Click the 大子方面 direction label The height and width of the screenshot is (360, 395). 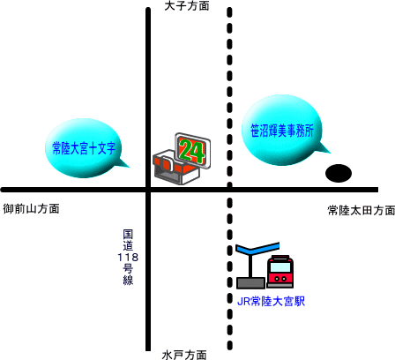click(187, 6)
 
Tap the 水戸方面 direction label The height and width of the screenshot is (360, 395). click(184, 355)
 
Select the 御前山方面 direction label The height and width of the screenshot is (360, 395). click(31, 209)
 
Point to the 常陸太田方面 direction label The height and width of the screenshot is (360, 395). click(361, 211)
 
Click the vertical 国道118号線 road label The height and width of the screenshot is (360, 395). click(128, 258)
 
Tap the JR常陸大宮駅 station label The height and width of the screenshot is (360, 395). click(271, 301)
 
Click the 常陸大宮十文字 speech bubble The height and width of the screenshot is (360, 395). click(84, 148)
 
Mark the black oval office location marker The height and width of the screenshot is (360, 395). click(339, 173)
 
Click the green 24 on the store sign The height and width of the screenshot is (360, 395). click(192, 152)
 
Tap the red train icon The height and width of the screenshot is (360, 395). click(280, 271)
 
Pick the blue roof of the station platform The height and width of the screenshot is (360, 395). click(257, 248)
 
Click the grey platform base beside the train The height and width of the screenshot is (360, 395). click(250, 283)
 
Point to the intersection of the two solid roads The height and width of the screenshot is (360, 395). click(148, 190)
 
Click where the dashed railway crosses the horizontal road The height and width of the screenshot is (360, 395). click(229, 190)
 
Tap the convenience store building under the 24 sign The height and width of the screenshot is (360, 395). click(176, 168)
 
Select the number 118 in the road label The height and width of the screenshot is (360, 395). click(128, 258)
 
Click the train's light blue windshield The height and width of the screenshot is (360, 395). click(280, 267)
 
